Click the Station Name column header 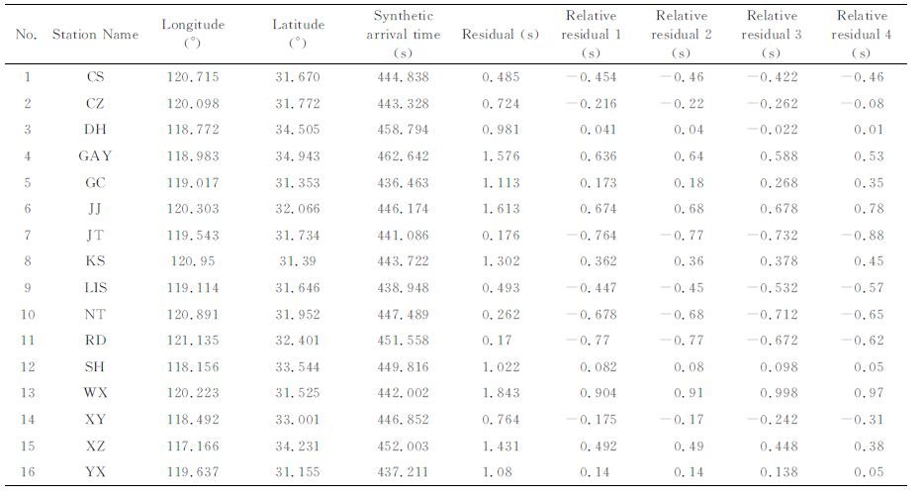[95, 34]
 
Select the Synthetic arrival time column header [404, 34]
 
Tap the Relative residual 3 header [771, 34]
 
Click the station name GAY [95, 156]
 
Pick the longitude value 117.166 [193, 446]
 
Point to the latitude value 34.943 [297, 156]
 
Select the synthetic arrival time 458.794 [404, 130]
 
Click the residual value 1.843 [501, 393]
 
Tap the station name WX [95, 393]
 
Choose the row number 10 [28, 314]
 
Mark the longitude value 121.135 [193, 341]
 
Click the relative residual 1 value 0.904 [599, 393]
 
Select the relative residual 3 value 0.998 [779, 393]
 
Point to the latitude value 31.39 [297, 260]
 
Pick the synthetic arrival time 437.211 [404, 471]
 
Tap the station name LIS [95, 287]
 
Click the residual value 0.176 [501, 235]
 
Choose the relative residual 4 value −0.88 [863, 235]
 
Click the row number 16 [28, 471]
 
